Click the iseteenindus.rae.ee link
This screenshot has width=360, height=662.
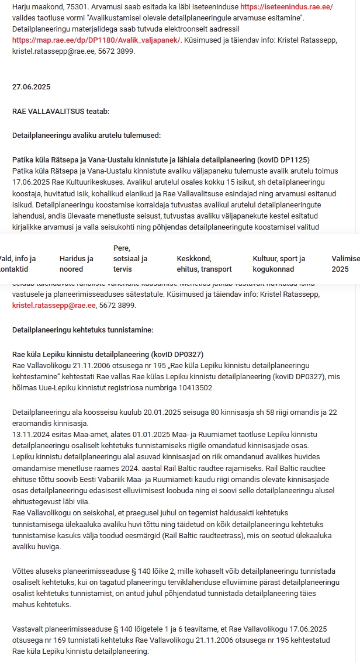282,7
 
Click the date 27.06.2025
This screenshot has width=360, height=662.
32,87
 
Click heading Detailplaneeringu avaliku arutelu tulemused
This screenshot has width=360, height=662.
86,136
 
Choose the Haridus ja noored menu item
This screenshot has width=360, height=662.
77,264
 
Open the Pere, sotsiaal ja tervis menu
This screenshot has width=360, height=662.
130,258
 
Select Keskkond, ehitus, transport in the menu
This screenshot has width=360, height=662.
204,264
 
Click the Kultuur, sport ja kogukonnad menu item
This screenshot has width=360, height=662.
279,264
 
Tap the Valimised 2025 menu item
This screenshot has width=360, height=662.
345,264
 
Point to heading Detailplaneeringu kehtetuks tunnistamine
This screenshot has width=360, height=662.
82,330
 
